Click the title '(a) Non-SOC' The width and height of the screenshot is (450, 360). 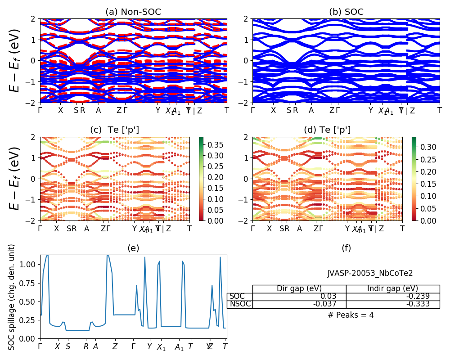[x=133, y=12]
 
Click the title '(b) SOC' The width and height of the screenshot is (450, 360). [x=346, y=12]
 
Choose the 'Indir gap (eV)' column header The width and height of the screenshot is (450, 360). [x=392, y=288]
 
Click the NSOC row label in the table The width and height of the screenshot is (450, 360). [x=240, y=304]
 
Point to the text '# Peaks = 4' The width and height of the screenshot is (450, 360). [x=351, y=315]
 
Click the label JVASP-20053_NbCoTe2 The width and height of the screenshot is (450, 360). [x=370, y=273]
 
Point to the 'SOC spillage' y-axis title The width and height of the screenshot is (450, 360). [x=12, y=297]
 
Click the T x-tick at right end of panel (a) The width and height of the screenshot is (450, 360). [x=227, y=110]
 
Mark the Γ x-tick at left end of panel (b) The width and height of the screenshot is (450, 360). [x=253, y=110]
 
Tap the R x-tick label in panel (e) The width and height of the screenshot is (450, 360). [x=86, y=346]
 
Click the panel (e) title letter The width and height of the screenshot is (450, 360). [x=133, y=248]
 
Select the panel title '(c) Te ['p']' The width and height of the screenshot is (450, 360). [x=114, y=130]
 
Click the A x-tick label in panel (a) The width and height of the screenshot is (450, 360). [x=98, y=110]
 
